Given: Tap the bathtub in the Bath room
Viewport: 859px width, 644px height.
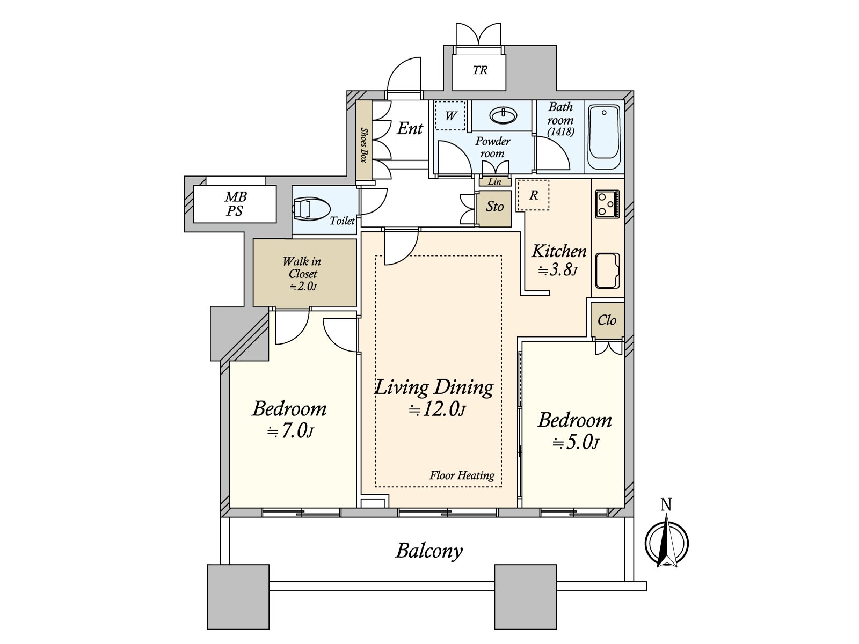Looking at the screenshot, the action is (x=604, y=137).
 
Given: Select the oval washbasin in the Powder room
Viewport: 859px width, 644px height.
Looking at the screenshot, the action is (x=503, y=115).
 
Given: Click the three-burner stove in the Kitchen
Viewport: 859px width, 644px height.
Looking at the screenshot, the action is (x=607, y=204).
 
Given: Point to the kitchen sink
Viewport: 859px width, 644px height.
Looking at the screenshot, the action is (x=607, y=270).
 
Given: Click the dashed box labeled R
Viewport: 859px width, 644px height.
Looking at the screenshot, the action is (x=533, y=195).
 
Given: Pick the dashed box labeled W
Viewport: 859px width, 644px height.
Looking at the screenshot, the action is (x=450, y=116).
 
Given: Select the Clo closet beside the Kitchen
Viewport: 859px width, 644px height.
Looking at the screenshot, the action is (x=607, y=320).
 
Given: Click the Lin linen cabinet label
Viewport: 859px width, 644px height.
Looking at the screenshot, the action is (x=494, y=181).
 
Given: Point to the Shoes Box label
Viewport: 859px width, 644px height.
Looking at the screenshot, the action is (x=364, y=145).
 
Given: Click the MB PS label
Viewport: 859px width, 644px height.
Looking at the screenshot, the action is (x=235, y=203).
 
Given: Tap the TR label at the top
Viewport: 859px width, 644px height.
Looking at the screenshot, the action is (x=480, y=70).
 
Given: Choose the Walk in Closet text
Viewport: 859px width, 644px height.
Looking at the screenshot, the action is (x=302, y=267).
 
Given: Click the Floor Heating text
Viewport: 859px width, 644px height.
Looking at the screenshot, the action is (x=462, y=475).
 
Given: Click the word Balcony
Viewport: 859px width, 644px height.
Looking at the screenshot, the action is (x=429, y=551).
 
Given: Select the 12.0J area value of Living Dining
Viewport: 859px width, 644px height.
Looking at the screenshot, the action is (x=437, y=410).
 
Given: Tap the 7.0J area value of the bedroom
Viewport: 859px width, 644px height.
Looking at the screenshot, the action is (x=290, y=431).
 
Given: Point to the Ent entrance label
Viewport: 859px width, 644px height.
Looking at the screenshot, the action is (x=410, y=128).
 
